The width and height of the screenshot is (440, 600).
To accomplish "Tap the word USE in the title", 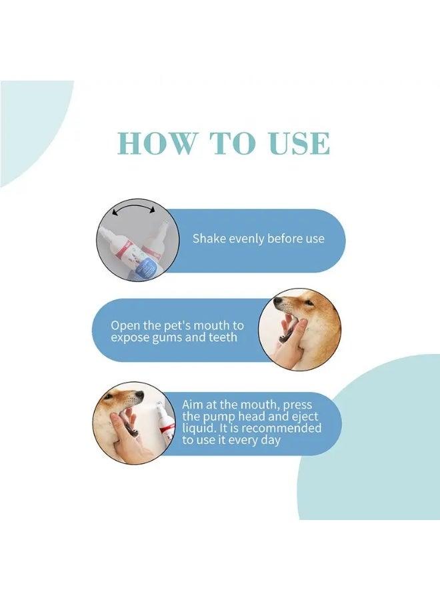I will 296,143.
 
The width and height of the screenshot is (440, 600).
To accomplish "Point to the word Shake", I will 209,239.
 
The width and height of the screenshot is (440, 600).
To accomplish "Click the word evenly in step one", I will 247,239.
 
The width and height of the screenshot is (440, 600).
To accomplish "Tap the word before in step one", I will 287,239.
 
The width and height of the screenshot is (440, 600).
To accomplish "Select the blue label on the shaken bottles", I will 143,267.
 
